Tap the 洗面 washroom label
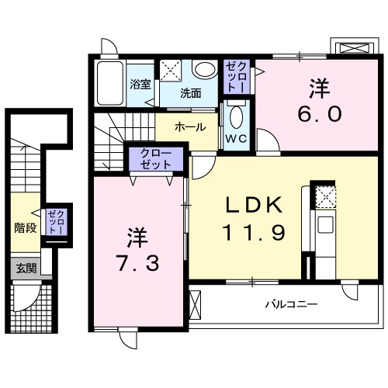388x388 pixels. [191, 93]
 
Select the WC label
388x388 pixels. [236, 140]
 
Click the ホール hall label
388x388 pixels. [190, 126]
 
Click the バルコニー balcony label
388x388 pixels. [291, 305]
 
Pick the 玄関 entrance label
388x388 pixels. [26, 268]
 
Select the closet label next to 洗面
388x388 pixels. [236, 78]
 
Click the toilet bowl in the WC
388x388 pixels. [237, 118]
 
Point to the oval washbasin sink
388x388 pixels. [205, 70]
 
